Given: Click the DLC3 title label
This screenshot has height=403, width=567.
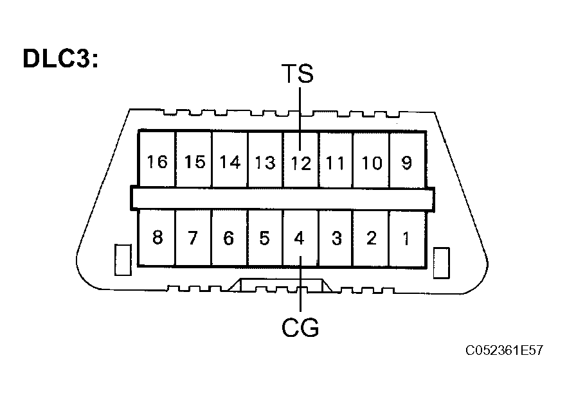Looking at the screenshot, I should coord(60,58).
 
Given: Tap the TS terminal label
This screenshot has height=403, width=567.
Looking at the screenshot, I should coord(298,74).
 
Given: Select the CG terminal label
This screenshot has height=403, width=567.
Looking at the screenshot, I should coord(300,329).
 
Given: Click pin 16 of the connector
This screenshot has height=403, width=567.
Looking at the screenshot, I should coord(157,162).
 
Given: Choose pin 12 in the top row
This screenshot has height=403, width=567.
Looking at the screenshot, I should coord(300,162).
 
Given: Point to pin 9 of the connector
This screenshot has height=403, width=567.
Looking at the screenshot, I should coord(406,162).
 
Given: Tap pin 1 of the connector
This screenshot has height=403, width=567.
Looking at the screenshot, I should coord(406,239).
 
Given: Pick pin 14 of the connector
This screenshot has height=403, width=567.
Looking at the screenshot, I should coord(230,162).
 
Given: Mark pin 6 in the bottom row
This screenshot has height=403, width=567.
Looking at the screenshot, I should coord(229,239).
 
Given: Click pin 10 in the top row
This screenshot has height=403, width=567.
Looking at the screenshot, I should coord(371,162).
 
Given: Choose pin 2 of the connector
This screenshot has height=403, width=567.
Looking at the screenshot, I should coord(371,239).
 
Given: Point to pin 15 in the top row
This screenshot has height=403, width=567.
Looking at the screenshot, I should coord(194,162).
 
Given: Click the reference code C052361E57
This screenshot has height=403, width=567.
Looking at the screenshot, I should coord(505,351).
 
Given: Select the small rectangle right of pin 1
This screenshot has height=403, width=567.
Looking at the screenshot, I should coord(442,262).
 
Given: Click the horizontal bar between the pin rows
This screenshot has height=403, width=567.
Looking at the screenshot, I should coord(282,198).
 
